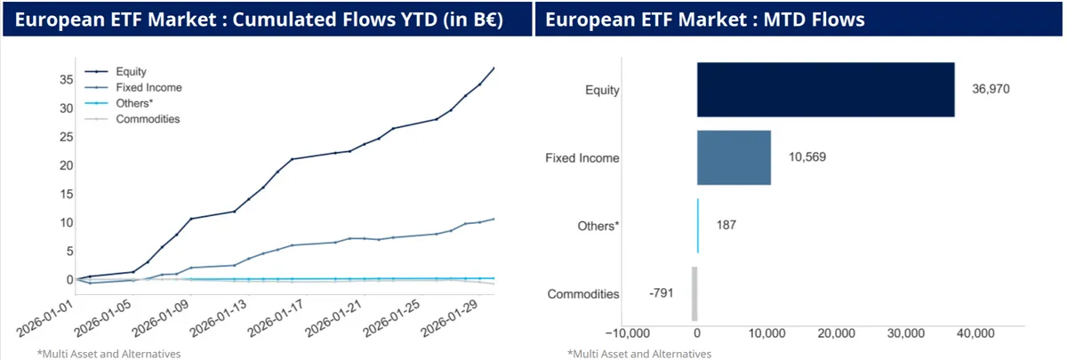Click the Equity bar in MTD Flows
click(x=825, y=89)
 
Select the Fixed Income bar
click(x=734, y=158)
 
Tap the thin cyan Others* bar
click(x=698, y=225)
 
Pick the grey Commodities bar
click(x=694, y=293)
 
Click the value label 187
click(x=726, y=225)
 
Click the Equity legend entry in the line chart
click(x=130, y=72)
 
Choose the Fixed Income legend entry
click(x=148, y=87)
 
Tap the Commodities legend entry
click(x=147, y=118)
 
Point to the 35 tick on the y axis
click(x=66, y=79)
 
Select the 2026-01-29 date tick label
click(x=453, y=319)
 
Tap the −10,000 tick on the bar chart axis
click(x=627, y=333)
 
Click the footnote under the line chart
click(x=109, y=353)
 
